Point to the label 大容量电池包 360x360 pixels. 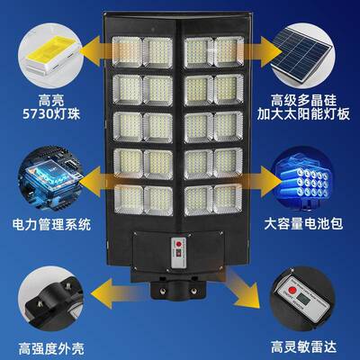[x=311, y=220]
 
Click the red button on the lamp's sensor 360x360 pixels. [x=178, y=243]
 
